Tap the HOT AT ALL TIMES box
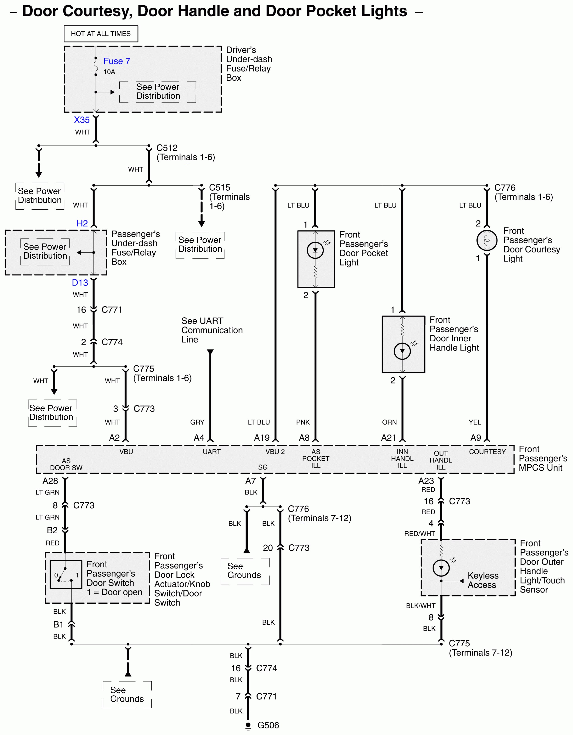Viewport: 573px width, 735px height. tap(101, 34)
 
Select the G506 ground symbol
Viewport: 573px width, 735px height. tap(248, 726)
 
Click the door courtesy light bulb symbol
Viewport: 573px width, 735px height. tap(487, 240)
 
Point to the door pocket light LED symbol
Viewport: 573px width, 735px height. tap(315, 250)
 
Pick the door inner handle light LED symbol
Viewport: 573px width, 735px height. tap(402, 351)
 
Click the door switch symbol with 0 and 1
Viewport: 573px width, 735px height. tap(66, 574)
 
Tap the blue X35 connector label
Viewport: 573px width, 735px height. tap(82, 120)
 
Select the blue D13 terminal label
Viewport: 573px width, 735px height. tap(80, 283)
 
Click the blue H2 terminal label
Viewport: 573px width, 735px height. tap(82, 223)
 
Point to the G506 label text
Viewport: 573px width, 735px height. tap(268, 725)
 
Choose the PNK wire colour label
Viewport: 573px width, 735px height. tap(303, 422)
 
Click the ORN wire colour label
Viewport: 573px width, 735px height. tap(389, 422)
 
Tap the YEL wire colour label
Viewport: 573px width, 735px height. tap(475, 422)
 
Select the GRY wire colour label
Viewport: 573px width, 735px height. tap(197, 422)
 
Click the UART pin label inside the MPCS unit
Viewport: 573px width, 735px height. tap(212, 452)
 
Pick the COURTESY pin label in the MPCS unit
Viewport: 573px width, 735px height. tap(487, 452)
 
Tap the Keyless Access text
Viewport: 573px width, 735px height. tap(483, 580)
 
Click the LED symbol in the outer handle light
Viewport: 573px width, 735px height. tap(441, 568)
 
